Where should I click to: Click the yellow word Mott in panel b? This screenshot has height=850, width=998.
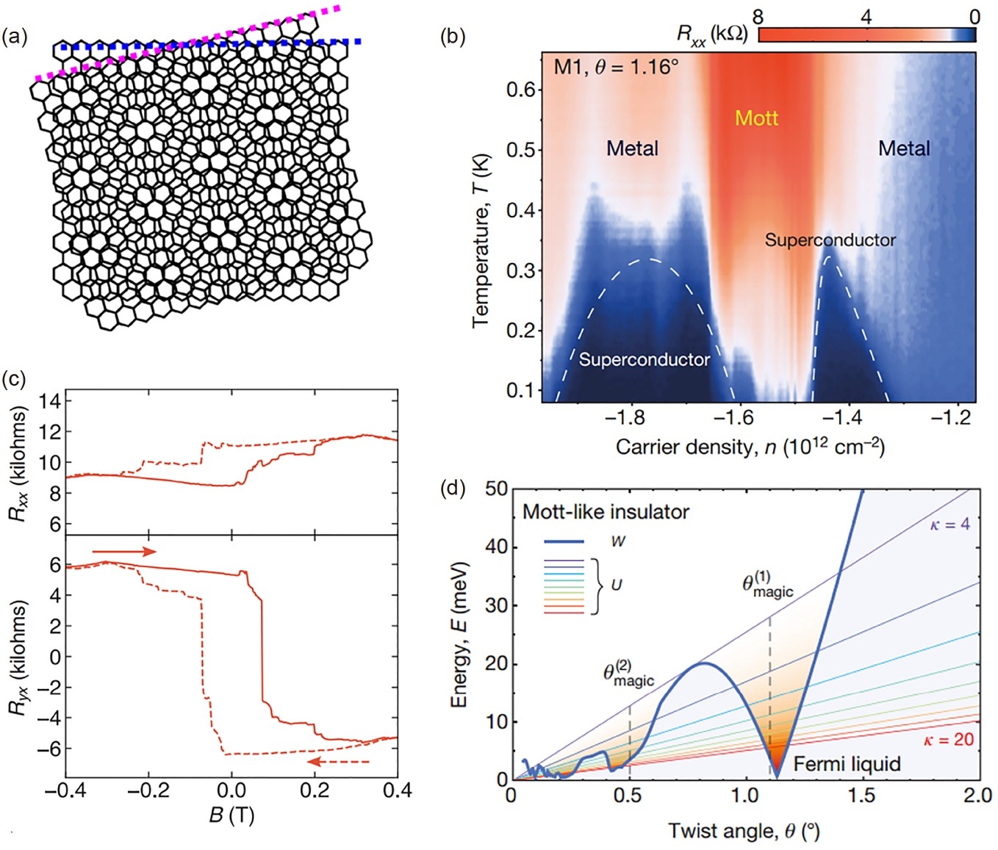point(756,118)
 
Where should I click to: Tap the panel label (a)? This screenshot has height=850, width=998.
point(15,37)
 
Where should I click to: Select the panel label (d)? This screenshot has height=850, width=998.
point(452,488)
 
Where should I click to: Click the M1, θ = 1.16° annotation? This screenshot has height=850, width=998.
point(616,68)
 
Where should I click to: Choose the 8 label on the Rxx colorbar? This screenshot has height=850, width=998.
point(758,16)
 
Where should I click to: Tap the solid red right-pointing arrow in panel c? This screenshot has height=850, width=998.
point(124,551)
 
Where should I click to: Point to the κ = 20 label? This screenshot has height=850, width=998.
point(948,739)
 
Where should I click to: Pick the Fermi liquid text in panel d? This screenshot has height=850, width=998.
point(847,764)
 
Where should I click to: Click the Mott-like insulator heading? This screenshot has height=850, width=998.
point(606,511)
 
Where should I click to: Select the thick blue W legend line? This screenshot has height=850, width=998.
point(564,541)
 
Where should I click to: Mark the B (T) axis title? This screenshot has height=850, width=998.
point(231,815)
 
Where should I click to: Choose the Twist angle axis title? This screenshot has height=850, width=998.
point(743,831)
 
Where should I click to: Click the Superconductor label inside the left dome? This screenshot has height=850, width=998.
point(645,359)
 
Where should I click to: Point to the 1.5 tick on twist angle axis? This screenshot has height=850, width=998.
point(861,796)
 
